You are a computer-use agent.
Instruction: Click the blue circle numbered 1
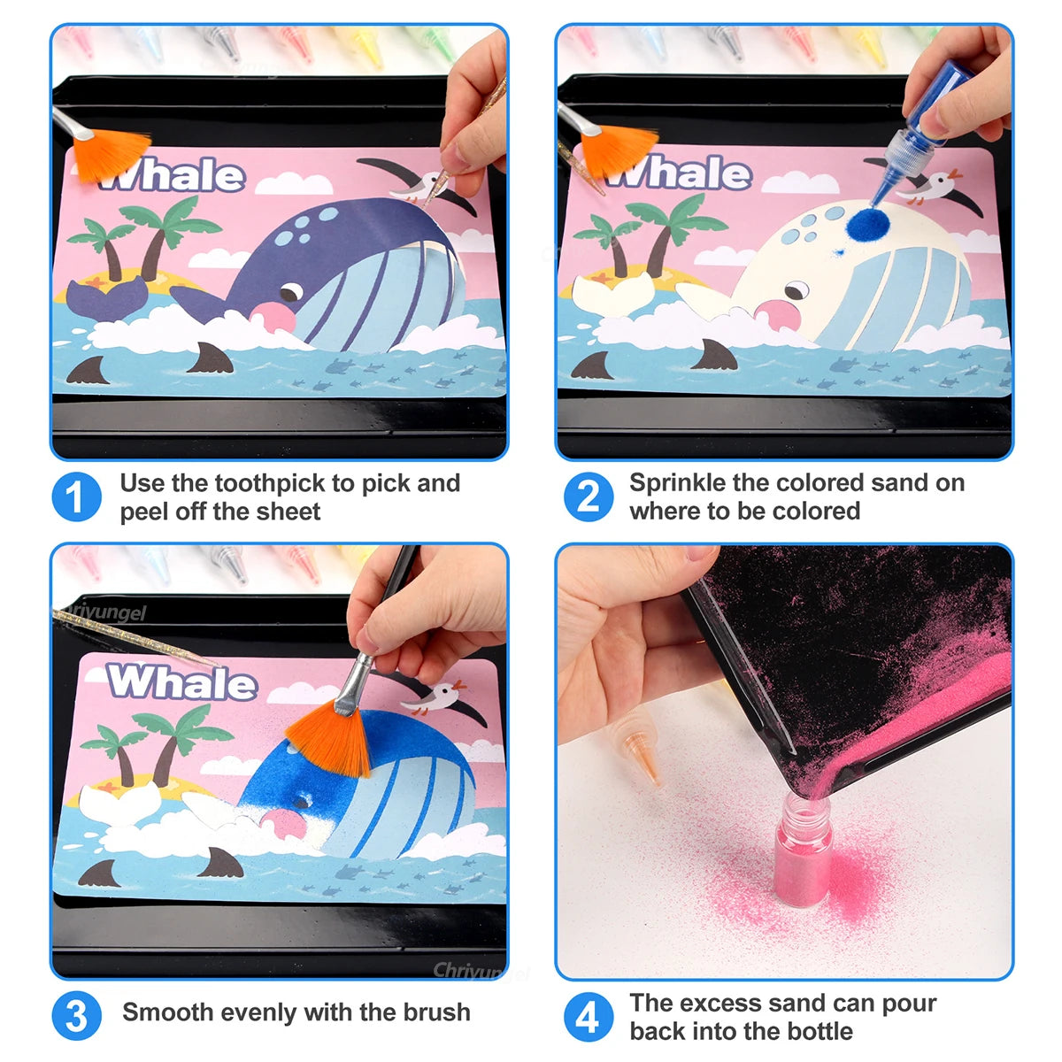point(76,497)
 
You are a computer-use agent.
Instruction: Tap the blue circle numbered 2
point(588,497)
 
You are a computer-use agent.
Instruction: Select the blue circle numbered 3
point(76,1016)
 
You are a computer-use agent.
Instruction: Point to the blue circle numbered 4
point(588,1016)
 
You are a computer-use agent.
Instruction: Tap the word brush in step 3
point(436,1012)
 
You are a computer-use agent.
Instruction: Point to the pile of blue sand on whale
point(863,225)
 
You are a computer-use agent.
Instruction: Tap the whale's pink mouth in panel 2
point(776,314)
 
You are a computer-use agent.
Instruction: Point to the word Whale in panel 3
point(181,682)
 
